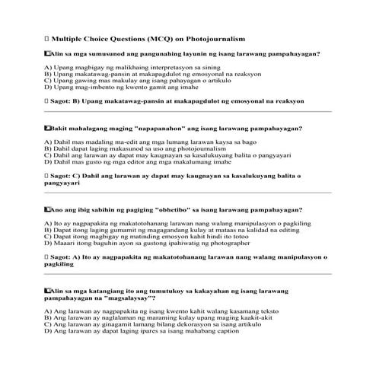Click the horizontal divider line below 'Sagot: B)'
188,111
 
